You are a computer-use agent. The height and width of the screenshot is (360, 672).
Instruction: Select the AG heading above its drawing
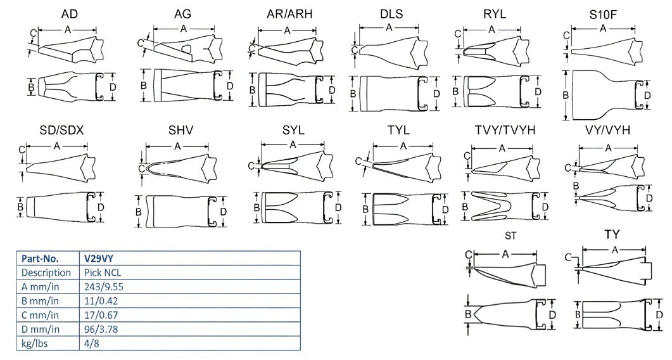click(182, 14)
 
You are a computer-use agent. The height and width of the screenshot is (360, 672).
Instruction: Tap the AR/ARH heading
click(289, 14)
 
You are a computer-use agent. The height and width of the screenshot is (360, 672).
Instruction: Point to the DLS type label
click(391, 14)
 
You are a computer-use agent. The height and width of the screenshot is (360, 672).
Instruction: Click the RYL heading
click(494, 14)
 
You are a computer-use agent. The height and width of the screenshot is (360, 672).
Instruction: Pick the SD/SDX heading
click(61, 130)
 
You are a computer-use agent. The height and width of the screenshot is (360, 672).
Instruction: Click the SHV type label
click(181, 130)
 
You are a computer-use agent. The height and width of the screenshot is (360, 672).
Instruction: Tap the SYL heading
click(293, 130)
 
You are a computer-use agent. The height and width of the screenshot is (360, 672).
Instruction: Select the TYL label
click(398, 130)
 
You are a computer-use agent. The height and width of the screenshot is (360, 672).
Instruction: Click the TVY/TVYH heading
click(505, 130)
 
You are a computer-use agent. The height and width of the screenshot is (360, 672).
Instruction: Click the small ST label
click(510, 236)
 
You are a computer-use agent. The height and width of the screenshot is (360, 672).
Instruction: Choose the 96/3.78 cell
click(103, 329)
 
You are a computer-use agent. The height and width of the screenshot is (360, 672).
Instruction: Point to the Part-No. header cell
click(40, 259)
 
